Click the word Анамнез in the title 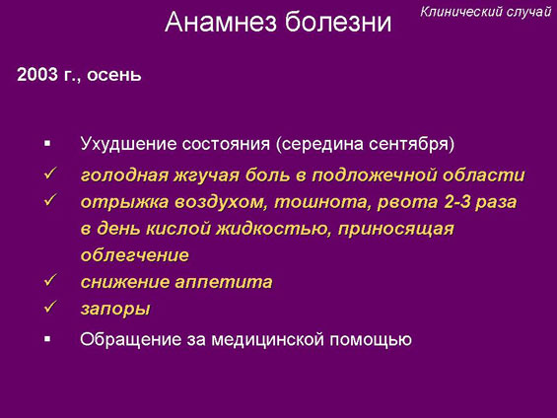(221, 22)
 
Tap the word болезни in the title (338, 22)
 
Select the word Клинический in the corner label (461, 12)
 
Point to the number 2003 (37, 75)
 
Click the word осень (114, 75)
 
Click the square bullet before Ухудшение (47, 144)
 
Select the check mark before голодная (50, 174)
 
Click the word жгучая (206, 175)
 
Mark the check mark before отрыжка (50, 200)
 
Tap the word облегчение (135, 255)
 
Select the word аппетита (224, 282)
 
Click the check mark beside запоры (50, 307)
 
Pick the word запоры (115, 309)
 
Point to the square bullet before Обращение (47, 339)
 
